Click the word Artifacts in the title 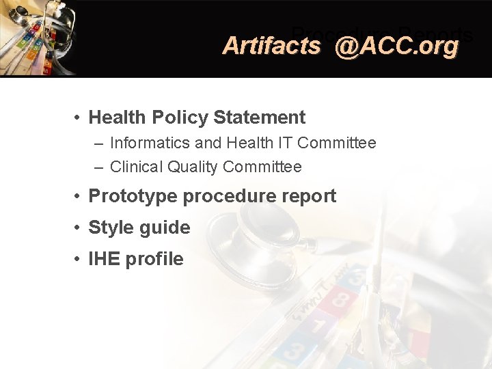[x=271, y=46]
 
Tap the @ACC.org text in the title [x=397, y=46]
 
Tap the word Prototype [x=133, y=196]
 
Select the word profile [x=156, y=259]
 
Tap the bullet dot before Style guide [x=79, y=228]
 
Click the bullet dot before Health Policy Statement [x=79, y=118]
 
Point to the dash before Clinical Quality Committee [x=100, y=167]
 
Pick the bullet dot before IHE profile [x=79, y=259]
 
